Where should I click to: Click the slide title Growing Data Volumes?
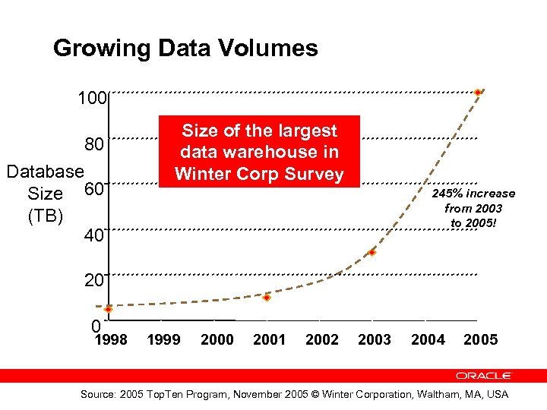point(185,49)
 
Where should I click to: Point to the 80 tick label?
point(94,143)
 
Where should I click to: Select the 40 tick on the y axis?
point(93,236)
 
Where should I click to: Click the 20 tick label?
point(93,281)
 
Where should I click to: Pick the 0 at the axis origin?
point(95,326)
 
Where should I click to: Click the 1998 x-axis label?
point(110,339)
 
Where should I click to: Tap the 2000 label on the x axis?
point(217,339)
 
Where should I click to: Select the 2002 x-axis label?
point(322,339)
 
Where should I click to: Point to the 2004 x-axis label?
point(428,339)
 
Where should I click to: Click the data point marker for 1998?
point(109,309)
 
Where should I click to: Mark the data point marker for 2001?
point(267,298)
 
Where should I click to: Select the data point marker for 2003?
point(372,252)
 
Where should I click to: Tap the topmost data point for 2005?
point(477,93)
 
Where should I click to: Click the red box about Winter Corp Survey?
point(258,152)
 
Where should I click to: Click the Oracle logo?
point(484,375)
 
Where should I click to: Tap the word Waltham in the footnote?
point(435,394)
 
